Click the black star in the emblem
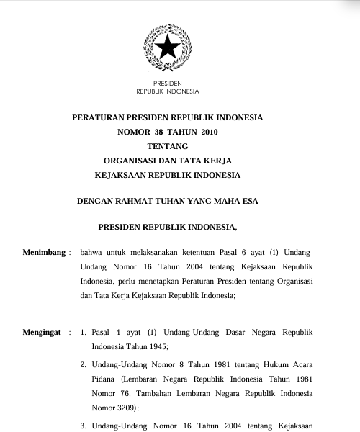[x=168, y=48]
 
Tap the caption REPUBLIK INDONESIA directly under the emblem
[x=168, y=91]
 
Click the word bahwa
[x=93, y=253]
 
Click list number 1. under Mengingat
[x=84, y=333]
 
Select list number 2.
[x=84, y=366]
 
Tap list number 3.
[x=84, y=426]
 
